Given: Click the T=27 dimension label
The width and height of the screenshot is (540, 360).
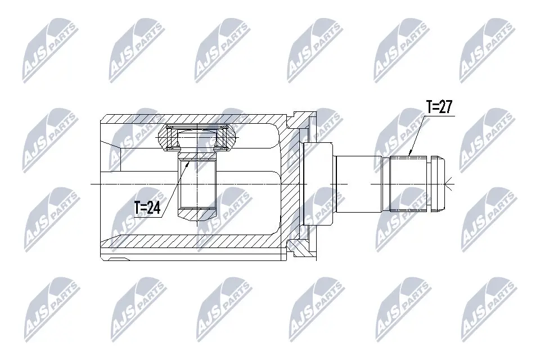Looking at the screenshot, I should (x=439, y=107).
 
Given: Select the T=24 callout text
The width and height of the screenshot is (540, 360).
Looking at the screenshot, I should (x=147, y=208).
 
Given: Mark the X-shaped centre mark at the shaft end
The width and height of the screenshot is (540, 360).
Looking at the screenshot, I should (x=448, y=183).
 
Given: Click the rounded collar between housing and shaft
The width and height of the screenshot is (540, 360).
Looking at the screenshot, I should (x=318, y=183).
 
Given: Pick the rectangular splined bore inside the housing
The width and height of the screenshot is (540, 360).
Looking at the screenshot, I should (x=197, y=183).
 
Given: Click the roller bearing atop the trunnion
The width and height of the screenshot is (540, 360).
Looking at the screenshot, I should (x=197, y=137).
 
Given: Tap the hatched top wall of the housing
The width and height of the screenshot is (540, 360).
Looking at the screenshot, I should (x=191, y=119).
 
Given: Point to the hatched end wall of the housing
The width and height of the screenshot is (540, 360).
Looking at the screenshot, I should (x=291, y=183).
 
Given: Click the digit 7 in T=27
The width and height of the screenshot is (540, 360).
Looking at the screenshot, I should (x=448, y=107).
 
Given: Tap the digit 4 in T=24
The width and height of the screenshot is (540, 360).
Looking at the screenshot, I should (x=157, y=208).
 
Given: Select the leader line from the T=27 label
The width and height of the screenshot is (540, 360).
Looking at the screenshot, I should (x=417, y=133).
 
